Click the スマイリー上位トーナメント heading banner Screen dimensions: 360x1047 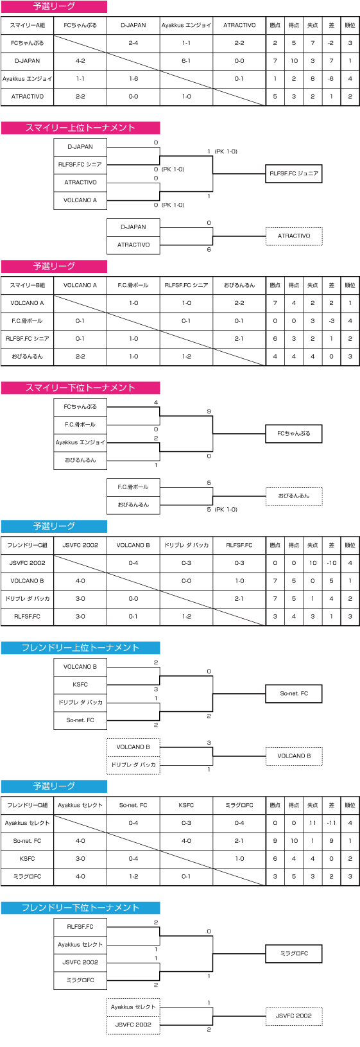(x=80, y=128)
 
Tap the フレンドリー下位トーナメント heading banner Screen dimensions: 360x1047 (x=80, y=908)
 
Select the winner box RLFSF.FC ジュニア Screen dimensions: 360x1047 (x=294, y=173)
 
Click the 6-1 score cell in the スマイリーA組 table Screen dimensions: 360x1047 (x=186, y=61)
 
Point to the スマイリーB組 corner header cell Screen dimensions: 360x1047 (x=27, y=285)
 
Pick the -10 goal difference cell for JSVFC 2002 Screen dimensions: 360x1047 (x=332, y=563)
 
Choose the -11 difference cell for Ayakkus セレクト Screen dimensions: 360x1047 (x=332, y=823)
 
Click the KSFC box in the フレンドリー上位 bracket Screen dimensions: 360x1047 (x=80, y=684)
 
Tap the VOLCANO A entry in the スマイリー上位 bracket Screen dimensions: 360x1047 (x=80, y=200)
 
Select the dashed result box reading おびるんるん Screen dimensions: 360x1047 (x=294, y=496)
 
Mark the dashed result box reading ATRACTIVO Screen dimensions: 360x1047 (x=294, y=236)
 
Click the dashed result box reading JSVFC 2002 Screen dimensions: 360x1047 (x=294, y=1016)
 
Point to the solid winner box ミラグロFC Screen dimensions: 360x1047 (x=294, y=953)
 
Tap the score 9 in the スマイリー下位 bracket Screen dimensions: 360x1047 (x=209, y=411)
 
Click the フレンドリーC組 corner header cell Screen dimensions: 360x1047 (x=27, y=545)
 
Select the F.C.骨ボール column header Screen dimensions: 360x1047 (x=133, y=285)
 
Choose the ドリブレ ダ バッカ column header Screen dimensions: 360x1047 (x=186, y=545)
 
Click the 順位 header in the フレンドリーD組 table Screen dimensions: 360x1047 (x=350, y=805)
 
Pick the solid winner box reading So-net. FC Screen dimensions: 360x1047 (x=294, y=694)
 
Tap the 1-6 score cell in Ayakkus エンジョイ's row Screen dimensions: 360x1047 (x=133, y=78)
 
